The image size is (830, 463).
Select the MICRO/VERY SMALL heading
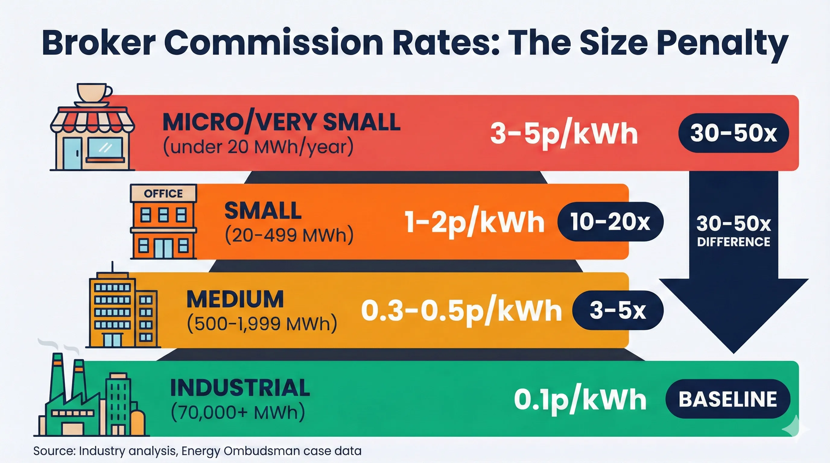pyautogui.click(x=281, y=122)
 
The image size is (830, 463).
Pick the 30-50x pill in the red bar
pyautogui.click(x=733, y=133)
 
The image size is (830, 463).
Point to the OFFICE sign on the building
pyautogui.click(x=163, y=194)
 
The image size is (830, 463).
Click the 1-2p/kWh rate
pyautogui.click(x=474, y=222)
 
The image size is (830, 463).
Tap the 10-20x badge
pyautogui.click(x=610, y=222)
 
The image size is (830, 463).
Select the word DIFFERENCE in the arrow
pyautogui.click(x=733, y=242)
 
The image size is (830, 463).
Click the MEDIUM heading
pyautogui.click(x=235, y=299)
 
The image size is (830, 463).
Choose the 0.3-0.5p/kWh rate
pyautogui.click(x=461, y=311)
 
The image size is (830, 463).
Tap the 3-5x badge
pyautogui.click(x=618, y=310)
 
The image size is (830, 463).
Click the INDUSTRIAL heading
pyautogui.click(x=240, y=388)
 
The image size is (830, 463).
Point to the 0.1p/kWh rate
pyautogui.click(x=580, y=400)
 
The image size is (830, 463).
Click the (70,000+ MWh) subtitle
pyautogui.click(x=238, y=412)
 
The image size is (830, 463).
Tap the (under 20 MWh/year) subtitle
pyautogui.click(x=258, y=147)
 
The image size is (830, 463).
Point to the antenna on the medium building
pyautogui.click(x=112, y=267)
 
